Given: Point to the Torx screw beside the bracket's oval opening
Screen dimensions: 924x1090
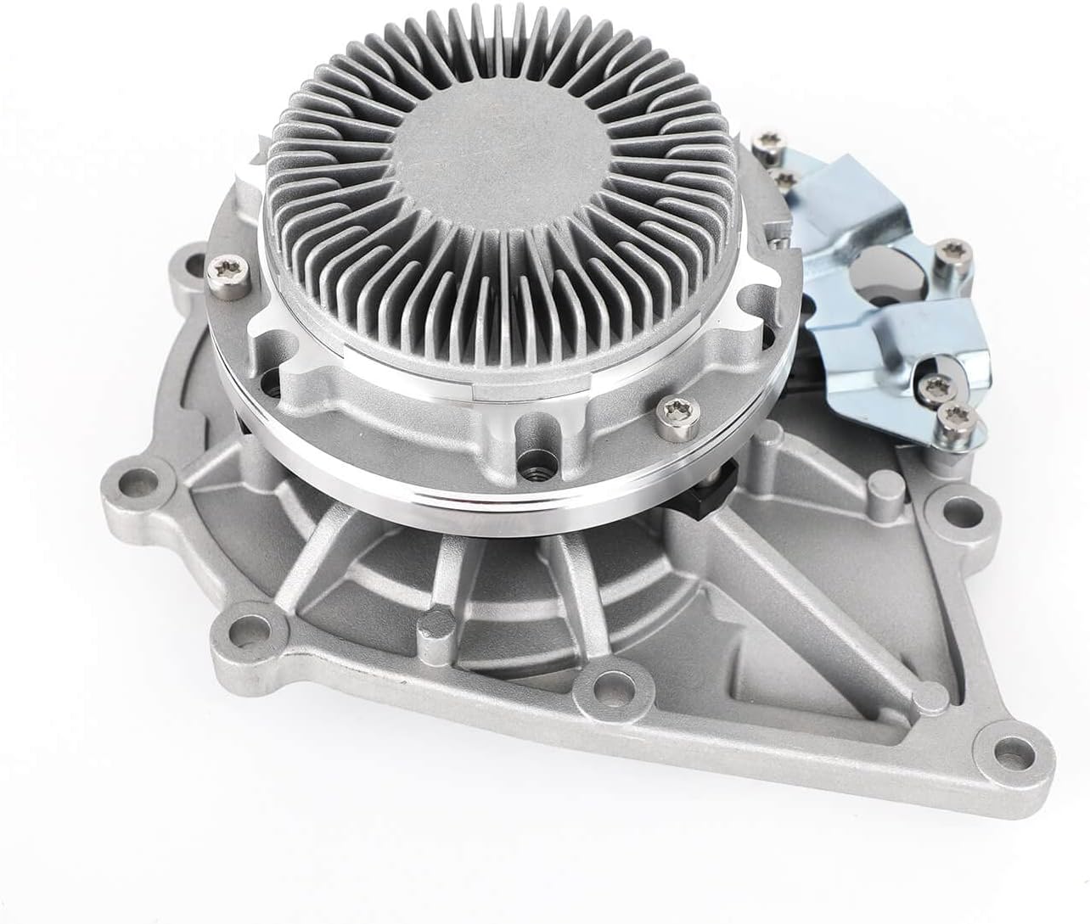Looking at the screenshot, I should pos(941,251).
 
